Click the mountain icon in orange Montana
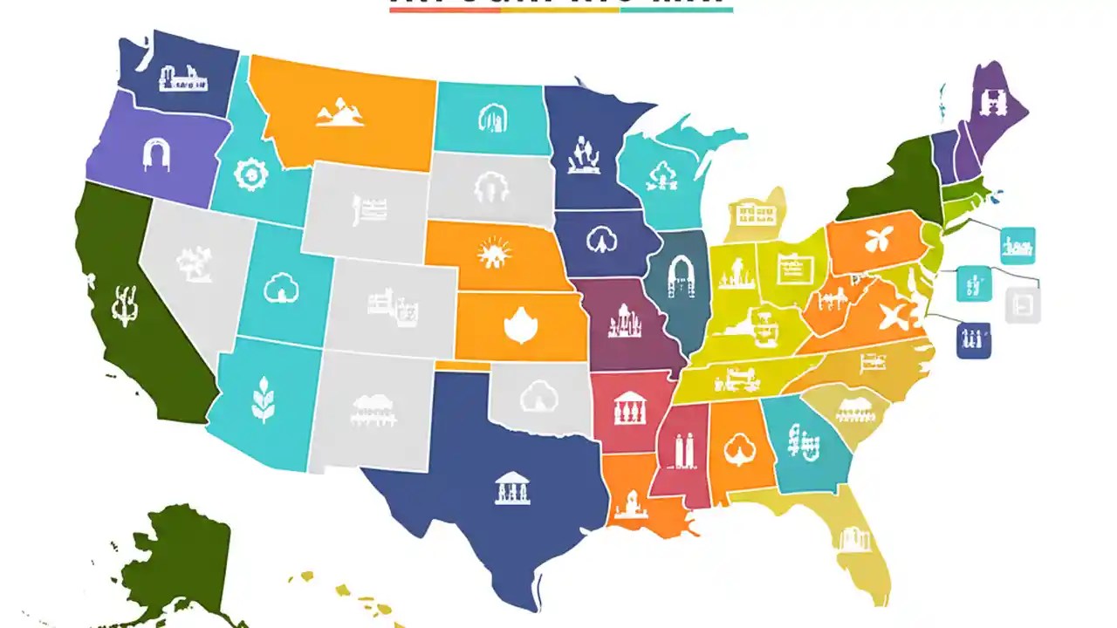(x=339, y=112)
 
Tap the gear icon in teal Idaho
(x=251, y=174)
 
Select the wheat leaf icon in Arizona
(x=262, y=399)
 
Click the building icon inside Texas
(x=512, y=487)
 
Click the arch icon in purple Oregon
(x=156, y=154)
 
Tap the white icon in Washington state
(x=183, y=78)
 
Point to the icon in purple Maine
(x=991, y=104)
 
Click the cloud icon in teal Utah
(x=281, y=288)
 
